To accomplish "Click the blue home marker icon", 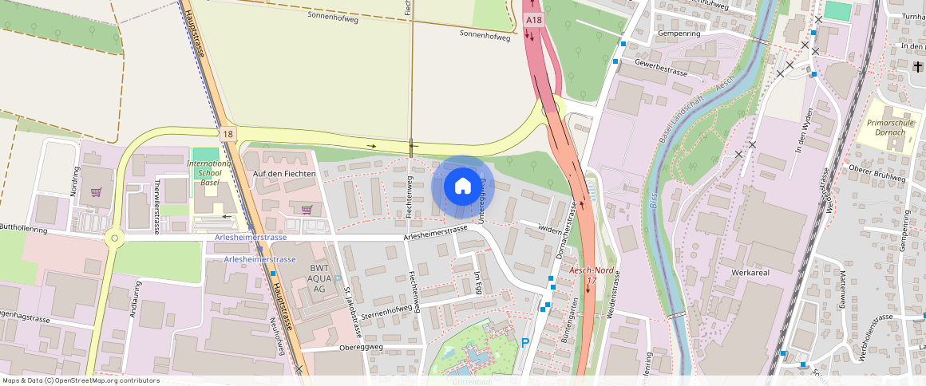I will tap(463, 187).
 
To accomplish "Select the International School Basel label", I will tap(209, 172).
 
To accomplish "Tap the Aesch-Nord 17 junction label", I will tap(591, 275).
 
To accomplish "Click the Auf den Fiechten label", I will tap(284, 173).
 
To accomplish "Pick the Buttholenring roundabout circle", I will tap(114, 238).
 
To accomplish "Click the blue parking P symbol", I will tap(524, 343).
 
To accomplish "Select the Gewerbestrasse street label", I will tap(660, 66).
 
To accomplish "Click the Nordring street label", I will tap(75, 181).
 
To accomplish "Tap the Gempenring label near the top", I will tap(679, 34).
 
